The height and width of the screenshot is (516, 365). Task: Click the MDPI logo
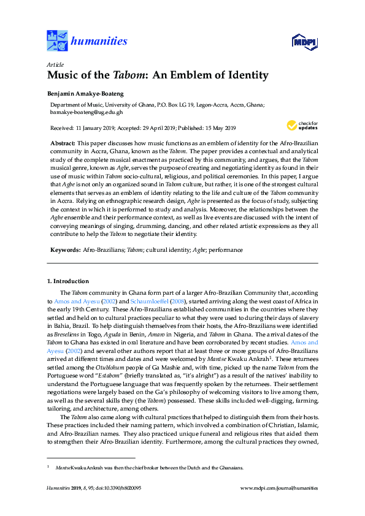[304, 42]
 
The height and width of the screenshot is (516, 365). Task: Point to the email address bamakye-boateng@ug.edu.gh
[86, 112]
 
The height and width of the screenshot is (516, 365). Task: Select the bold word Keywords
[64, 250]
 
